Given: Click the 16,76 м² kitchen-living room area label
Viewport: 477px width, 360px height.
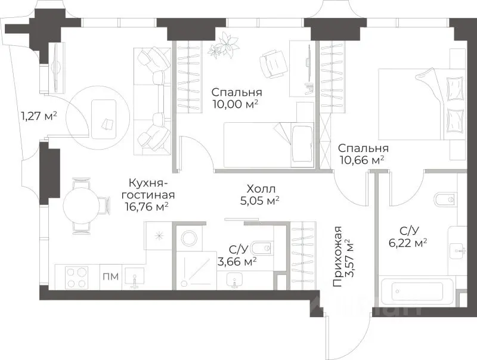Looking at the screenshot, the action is point(147,207).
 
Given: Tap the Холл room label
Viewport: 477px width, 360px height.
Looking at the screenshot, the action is point(261,189).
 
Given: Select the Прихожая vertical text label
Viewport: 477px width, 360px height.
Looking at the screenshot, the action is point(337,257).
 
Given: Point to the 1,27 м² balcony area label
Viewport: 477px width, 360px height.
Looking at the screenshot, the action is point(39,116).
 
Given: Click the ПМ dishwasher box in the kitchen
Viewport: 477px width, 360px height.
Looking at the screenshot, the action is point(111,277).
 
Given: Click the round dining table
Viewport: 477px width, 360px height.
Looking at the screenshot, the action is point(81,206).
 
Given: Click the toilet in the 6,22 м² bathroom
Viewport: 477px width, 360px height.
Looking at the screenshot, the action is point(445,200).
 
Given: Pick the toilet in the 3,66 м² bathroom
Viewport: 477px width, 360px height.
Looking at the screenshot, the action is point(262,249).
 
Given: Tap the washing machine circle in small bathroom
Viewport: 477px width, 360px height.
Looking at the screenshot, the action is point(190,238).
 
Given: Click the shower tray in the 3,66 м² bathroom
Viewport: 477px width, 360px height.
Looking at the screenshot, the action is point(197,271).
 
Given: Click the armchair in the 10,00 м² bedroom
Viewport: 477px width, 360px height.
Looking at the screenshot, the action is point(273,63).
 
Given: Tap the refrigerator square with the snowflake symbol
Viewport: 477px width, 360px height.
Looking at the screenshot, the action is point(158,236).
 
